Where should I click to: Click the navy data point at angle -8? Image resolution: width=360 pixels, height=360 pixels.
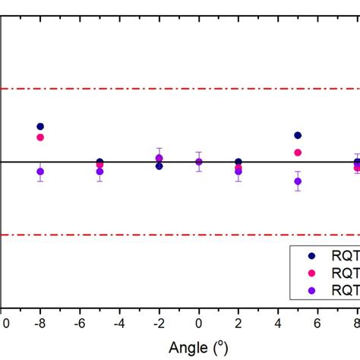pos(40,127)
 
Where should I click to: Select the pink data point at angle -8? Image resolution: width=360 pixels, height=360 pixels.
pos(40,137)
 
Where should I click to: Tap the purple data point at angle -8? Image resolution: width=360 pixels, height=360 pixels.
pos(40,172)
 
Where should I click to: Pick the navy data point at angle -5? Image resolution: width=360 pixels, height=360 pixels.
pos(99,162)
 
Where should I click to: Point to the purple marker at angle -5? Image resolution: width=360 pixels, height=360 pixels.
pos(99,172)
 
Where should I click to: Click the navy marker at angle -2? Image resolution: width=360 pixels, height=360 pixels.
pos(159,166)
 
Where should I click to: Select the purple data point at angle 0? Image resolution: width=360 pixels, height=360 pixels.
pos(199,161)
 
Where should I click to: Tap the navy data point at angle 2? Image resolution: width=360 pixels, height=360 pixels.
pos(238,162)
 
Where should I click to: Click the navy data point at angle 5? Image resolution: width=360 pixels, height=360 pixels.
pos(298,135)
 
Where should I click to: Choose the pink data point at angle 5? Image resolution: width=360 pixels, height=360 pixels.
pos(298,153)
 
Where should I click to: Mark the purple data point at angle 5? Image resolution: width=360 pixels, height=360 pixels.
pos(298,182)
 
